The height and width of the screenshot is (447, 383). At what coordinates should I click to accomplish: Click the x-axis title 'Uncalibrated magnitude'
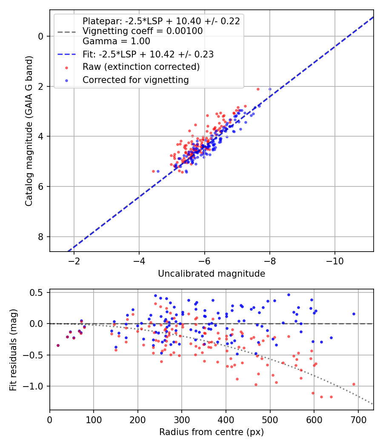(x=212, y=274)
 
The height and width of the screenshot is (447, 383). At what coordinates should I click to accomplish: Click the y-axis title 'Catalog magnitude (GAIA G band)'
(x=29, y=131)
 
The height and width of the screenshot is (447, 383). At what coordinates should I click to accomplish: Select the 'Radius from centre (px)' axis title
(x=212, y=432)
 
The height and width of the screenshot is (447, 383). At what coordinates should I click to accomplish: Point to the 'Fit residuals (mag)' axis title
(x=13, y=350)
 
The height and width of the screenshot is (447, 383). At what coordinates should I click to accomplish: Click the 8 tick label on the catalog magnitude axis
(x=41, y=237)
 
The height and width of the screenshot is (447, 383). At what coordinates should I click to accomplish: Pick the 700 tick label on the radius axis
(x=358, y=420)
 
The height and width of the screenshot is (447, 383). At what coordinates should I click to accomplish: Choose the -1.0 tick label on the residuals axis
(x=34, y=386)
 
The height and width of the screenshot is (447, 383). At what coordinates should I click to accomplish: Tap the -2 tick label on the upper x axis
(x=74, y=261)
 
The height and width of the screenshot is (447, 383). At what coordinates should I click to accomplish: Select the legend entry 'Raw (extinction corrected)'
(x=141, y=67)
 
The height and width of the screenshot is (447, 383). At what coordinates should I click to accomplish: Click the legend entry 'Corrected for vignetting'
(x=136, y=80)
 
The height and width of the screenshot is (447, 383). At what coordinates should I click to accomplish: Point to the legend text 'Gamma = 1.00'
(x=116, y=41)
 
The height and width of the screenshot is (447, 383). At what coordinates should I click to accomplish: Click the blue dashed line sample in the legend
(x=66, y=54)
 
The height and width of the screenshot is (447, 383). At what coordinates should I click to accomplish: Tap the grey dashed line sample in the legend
(x=66, y=32)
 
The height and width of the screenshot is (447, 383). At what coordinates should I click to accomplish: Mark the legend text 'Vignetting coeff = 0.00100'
(x=143, y=31)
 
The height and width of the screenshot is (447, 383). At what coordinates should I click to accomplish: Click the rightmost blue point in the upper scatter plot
(x=270, y=89)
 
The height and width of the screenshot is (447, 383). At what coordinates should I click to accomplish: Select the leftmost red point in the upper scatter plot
(x=153, y=171)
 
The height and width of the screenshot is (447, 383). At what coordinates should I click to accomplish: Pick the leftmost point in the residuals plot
(x=58, y=346)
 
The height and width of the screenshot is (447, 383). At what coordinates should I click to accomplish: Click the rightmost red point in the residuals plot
(x=354, y=384)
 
